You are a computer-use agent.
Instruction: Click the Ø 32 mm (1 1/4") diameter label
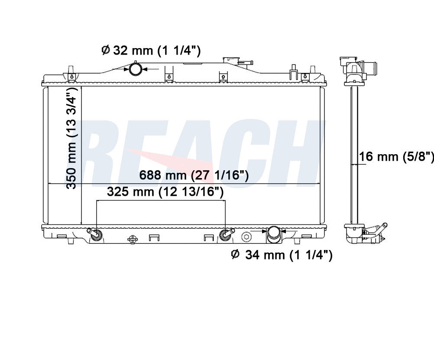(151, 51)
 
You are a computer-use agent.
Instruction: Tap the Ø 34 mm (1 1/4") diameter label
(282, 255)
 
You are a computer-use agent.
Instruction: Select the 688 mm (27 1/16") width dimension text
(194, 175)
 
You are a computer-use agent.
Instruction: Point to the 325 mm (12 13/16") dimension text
(165, 191)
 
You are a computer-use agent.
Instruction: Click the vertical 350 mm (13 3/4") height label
(72, 138)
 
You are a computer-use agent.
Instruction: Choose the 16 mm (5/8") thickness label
(396, 157)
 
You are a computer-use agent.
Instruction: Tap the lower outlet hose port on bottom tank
(273, 235)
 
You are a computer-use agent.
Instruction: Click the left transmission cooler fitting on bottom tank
(95, 234)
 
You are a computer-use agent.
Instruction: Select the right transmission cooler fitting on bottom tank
(226, 234)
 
